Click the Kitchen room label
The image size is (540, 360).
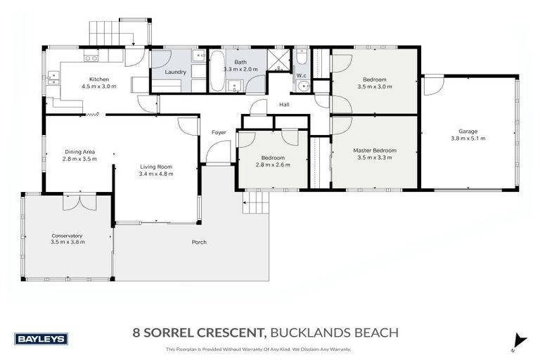98,79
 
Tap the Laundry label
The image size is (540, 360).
175,72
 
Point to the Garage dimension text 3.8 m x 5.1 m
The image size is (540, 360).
472,139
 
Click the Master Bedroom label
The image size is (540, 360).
374,150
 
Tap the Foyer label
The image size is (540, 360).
217,132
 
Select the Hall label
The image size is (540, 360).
284,105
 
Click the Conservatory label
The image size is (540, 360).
67,236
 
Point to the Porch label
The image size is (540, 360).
200,243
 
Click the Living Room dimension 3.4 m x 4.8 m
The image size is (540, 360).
155,174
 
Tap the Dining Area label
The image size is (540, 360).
79,152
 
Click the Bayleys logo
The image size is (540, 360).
43,338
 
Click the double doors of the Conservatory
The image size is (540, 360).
77,201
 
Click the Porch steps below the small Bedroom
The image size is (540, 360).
257,205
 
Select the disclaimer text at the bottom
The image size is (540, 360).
257,349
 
